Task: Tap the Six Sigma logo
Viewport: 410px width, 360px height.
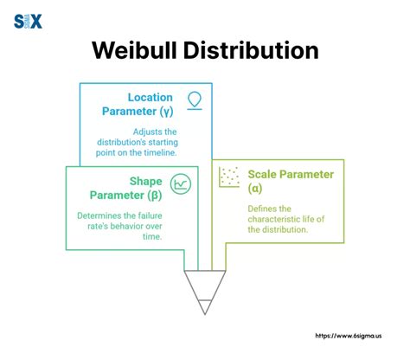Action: tap(29, 21)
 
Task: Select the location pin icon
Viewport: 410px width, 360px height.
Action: tap(195, 98)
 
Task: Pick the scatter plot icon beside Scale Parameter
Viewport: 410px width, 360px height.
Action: tap(229, 176)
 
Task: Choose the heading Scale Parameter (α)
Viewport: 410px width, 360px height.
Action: tap(290, 181)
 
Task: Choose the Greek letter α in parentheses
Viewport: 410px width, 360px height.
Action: tap(253, 189)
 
